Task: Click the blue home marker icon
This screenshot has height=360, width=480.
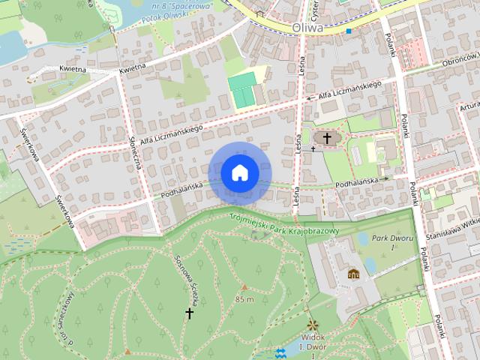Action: [239, 173]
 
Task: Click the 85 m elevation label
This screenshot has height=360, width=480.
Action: [244, 299]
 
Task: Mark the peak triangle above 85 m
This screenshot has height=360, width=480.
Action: [243, 287]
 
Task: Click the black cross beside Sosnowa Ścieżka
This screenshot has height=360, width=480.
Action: [190, 313]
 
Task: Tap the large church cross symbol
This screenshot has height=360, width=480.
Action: [326, 138]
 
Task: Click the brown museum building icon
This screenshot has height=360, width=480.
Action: [353, 274]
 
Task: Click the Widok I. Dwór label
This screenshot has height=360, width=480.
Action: [313, 343]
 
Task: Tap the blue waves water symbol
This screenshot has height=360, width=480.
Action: [280, 352]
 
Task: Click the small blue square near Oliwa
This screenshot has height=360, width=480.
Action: [349, 31]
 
